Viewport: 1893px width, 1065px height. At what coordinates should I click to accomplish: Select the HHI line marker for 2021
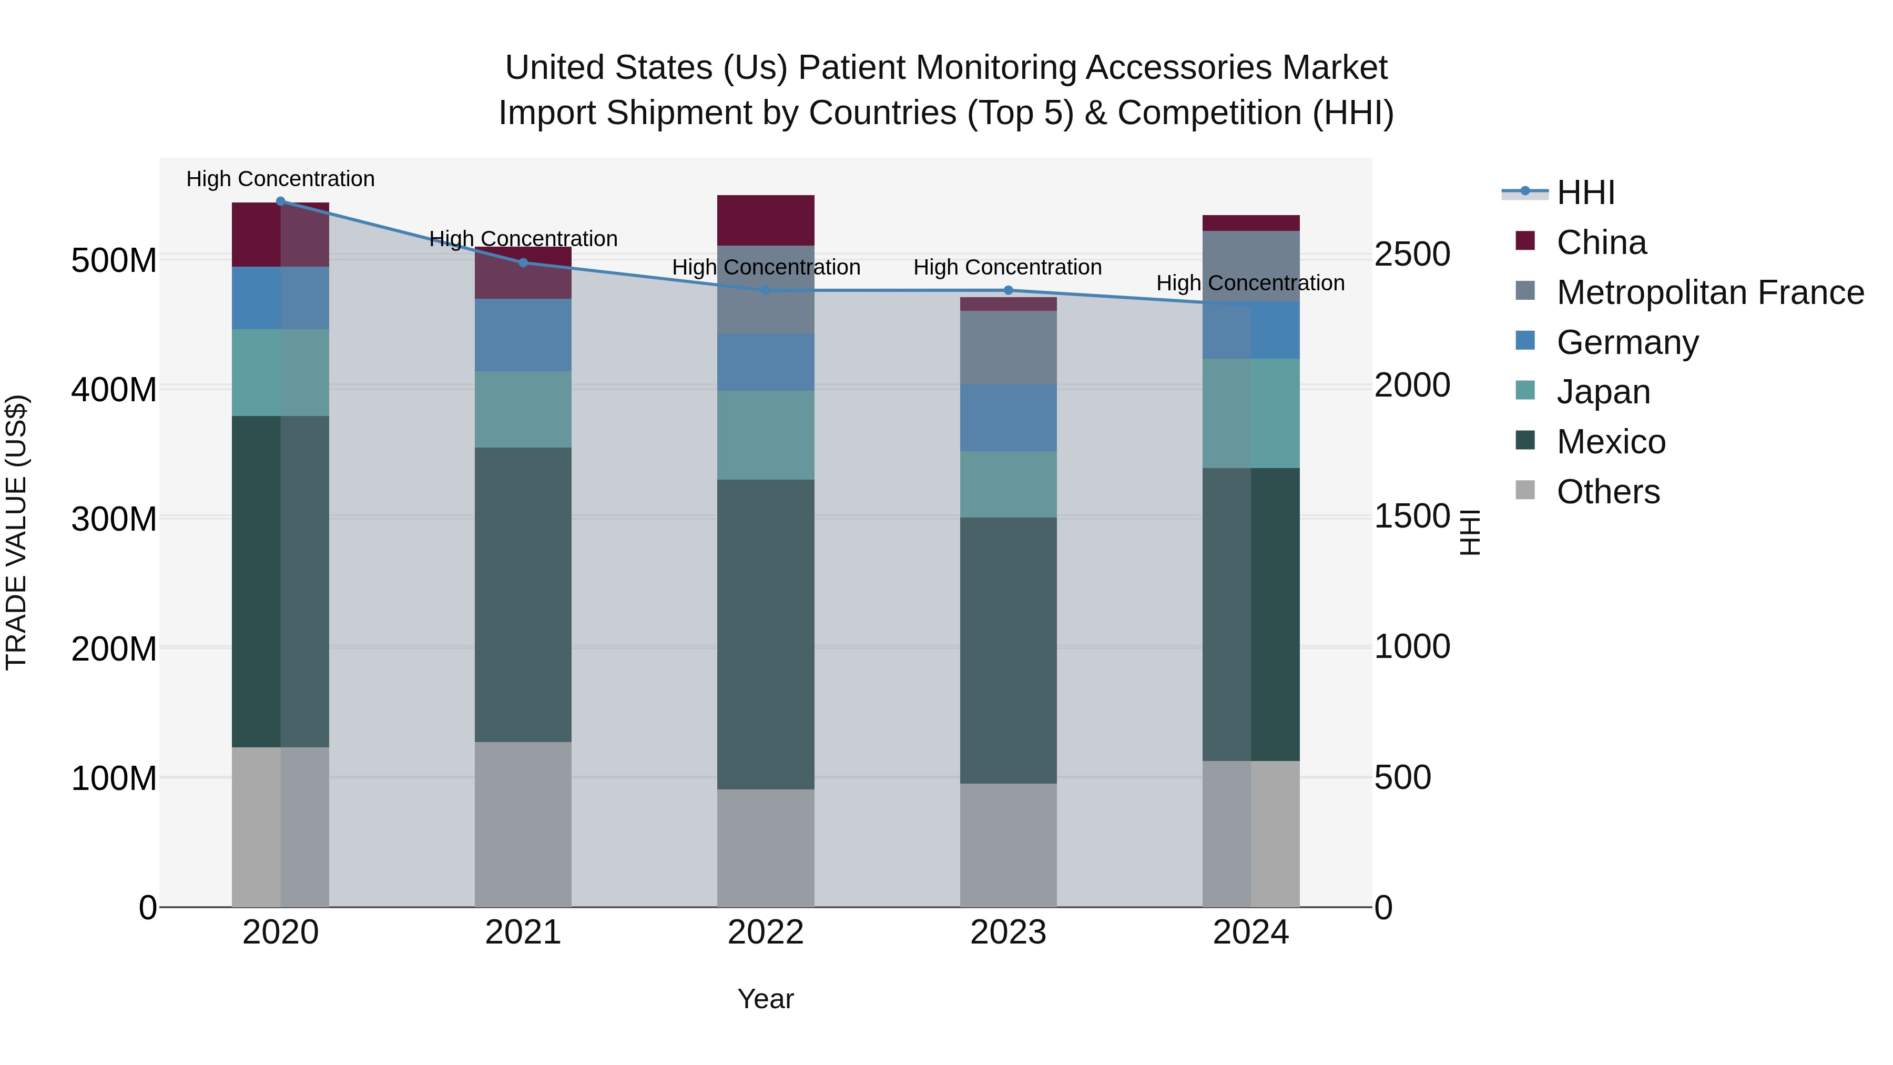(523, 262)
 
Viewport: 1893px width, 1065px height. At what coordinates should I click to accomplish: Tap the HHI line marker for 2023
(1008, 290)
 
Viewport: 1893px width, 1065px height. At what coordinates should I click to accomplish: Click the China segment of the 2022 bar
(766, 220)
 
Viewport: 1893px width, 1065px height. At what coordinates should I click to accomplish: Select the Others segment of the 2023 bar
(1008, 845)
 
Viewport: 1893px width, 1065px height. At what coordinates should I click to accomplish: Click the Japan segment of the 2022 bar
(766, 434)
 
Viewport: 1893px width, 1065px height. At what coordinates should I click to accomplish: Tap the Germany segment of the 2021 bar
(523, 334)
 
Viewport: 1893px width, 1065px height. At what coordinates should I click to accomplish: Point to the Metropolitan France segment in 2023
(1008, 347)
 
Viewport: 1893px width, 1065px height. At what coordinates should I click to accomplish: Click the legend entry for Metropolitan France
(1710, 292)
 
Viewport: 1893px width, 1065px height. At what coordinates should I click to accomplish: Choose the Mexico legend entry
(1611, 442)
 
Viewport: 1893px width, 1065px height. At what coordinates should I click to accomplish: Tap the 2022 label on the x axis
(766, 932)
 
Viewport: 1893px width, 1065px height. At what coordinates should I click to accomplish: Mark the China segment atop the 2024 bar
(1251, 222)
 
